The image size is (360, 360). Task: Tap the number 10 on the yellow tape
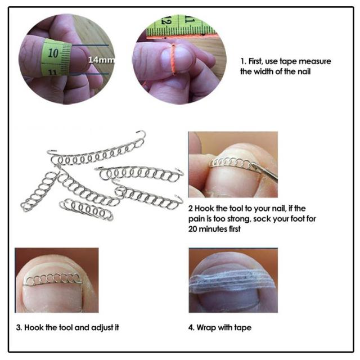point(53,53)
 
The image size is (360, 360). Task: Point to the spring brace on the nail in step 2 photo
point(231,163)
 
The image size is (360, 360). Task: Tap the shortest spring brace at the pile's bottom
point(86,209)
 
